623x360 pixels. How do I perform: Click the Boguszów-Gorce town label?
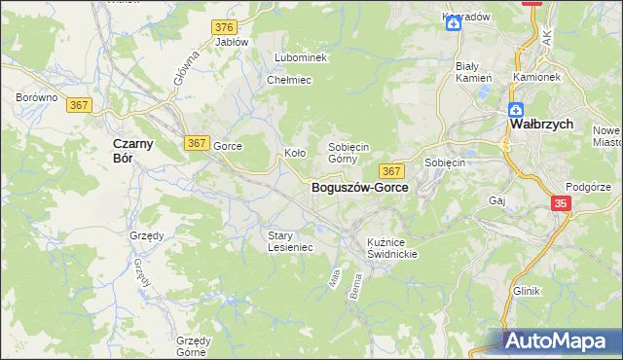coord(359,188)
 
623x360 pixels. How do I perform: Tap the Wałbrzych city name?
coord(541,126)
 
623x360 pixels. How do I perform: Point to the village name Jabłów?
coord(232,42)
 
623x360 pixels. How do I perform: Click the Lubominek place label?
coord(301,57)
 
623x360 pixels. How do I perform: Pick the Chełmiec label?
coord(288,80)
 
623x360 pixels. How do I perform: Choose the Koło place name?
coord(295,153)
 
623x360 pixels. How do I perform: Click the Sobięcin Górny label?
coord(348,152)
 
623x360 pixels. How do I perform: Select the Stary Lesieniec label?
coord(290,241)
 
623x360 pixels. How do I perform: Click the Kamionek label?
coord(536,76)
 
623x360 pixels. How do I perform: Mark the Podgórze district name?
coord(589,187)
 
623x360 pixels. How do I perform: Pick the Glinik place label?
coord(526,291)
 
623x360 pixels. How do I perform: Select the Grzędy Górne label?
coord(192,346)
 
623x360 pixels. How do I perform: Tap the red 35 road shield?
coord(561,203)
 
